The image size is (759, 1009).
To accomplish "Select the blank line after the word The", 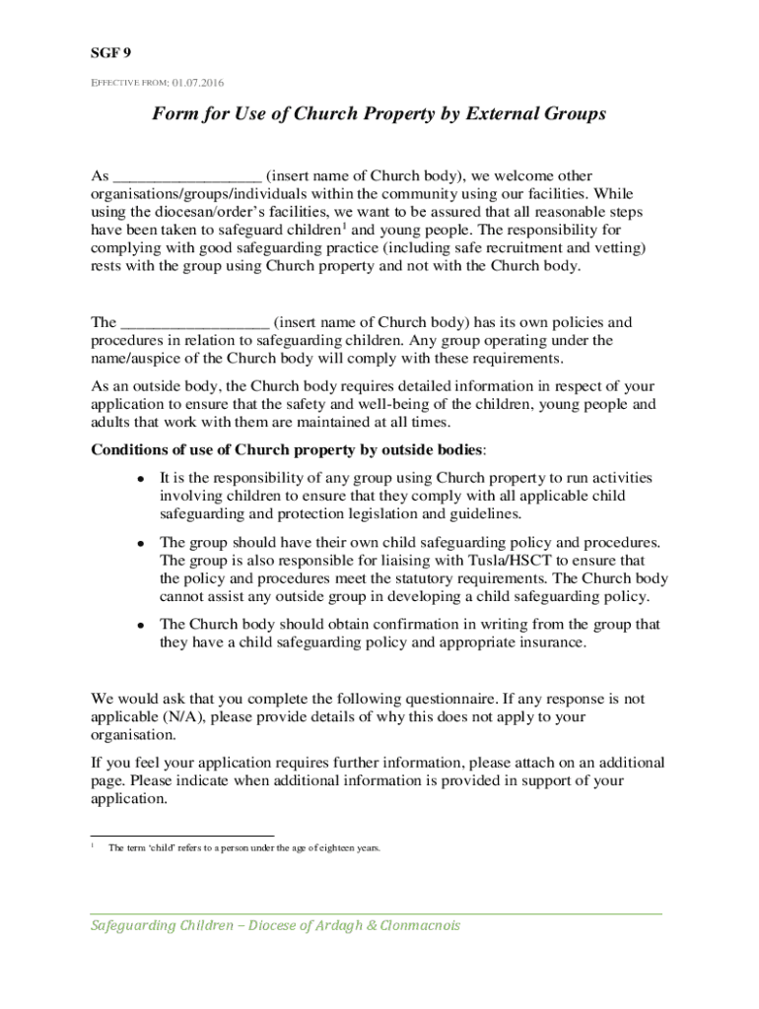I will tap(194, 323).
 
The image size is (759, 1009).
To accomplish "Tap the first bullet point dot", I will tap(142, 479).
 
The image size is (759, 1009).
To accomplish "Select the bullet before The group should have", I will tap(142, 544).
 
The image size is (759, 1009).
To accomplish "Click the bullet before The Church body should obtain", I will tap(142, 626).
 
